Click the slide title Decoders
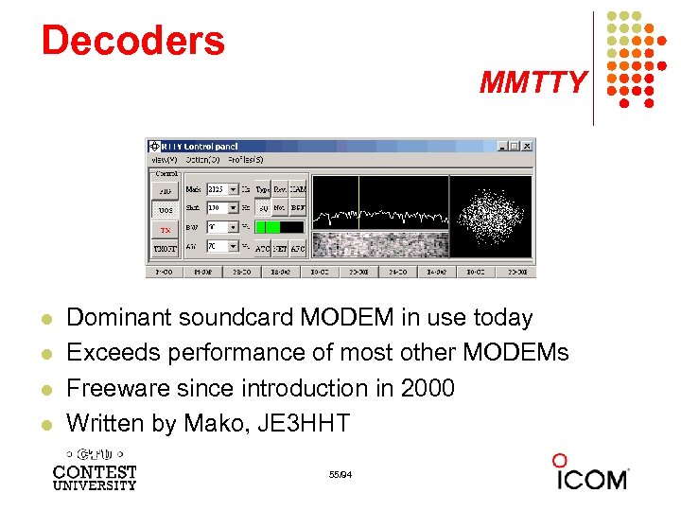click(x=132, y=41)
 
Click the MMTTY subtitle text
click(x=533, y=83)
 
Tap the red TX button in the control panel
click(x=166, y=229)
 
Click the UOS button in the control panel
click(x=166, y=209)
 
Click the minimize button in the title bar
click(x=500, y=146)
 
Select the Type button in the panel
click(x=263, y=189)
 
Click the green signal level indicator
click(x=271, y=227)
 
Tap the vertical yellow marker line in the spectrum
click(x=358, y=203)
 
